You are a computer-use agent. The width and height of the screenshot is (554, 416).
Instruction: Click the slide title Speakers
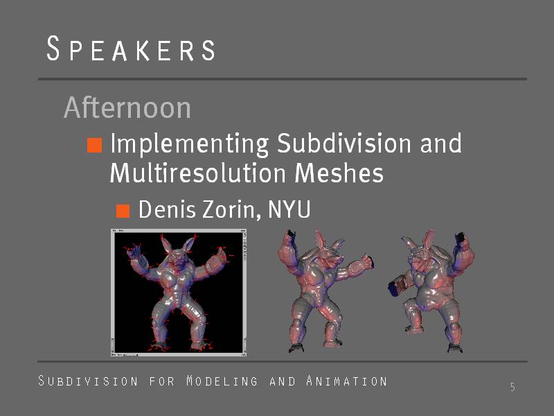pyautogui.click(x=131, y=49)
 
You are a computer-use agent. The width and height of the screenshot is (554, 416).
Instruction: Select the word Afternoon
pyautogui.click(x=127, y=107)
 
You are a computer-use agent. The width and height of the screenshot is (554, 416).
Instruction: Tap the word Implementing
pyautogui.click(x=189, y=145)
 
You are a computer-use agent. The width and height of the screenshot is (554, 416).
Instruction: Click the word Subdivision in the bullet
pyautogui.click(x=344, y=143)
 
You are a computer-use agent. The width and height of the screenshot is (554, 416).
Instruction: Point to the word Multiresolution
pyautogui.click(x=198, y=173)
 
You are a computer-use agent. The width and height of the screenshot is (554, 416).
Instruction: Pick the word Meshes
pyautogui.click(x=339, y=173)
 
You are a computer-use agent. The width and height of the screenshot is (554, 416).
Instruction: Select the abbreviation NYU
pyautogui.click(x=289, y=209)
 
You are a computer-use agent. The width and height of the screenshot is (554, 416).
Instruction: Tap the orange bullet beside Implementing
pyautogui.click(x=95, y=145)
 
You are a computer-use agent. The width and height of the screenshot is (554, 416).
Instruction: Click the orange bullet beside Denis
pyautogui.click(x=123, y=211)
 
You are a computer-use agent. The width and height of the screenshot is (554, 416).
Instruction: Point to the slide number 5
pyautogui.click(x=512, y=387)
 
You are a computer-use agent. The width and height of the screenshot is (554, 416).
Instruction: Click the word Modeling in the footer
pyautogui.click(x=222, y=381)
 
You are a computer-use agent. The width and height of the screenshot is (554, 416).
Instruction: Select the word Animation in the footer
pyautogui.click(x=346, y=381)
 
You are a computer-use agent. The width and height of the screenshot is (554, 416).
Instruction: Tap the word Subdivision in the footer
pyautogui.click(x=88, y=381)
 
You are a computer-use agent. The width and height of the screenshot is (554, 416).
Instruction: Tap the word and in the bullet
pyautogui.click(x=440, y=143)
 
